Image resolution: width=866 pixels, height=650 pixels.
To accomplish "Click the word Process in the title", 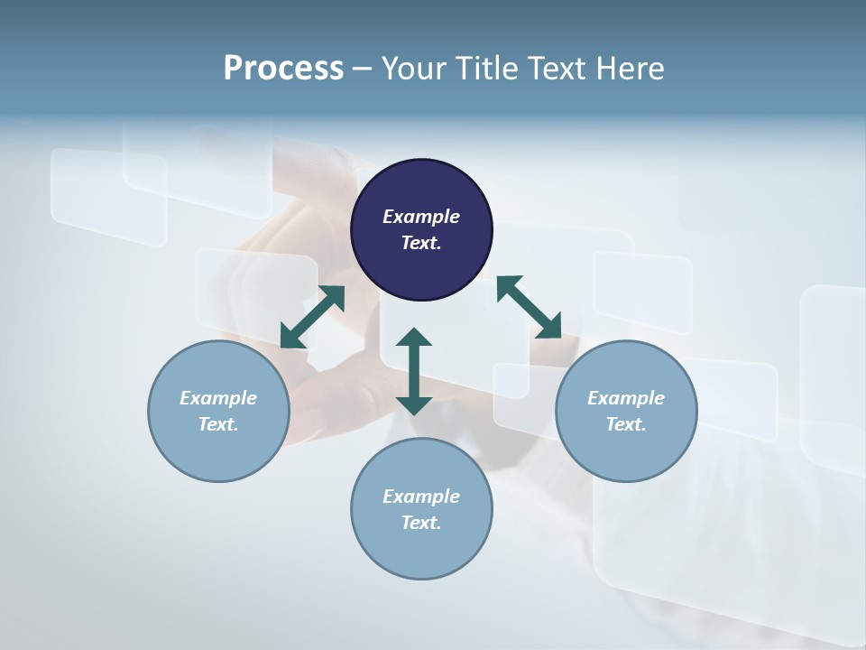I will point(283,69).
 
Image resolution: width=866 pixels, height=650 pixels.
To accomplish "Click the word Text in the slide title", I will point(557,69).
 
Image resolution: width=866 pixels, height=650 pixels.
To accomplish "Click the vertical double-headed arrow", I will point(414,372).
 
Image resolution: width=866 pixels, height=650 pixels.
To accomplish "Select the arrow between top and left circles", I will point(313,317).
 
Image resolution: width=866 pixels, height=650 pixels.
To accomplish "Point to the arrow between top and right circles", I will point(529,308).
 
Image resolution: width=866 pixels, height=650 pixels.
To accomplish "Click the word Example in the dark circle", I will point(421,217).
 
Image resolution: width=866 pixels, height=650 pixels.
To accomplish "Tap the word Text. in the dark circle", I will point(421,243).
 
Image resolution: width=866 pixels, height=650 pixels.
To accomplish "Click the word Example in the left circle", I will point(218,398).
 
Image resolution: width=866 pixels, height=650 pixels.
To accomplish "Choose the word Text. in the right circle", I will point(626,424).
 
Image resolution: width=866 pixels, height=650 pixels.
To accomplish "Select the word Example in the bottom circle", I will point(421,497).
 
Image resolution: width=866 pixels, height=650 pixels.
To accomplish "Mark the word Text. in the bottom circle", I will point(421,523).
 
